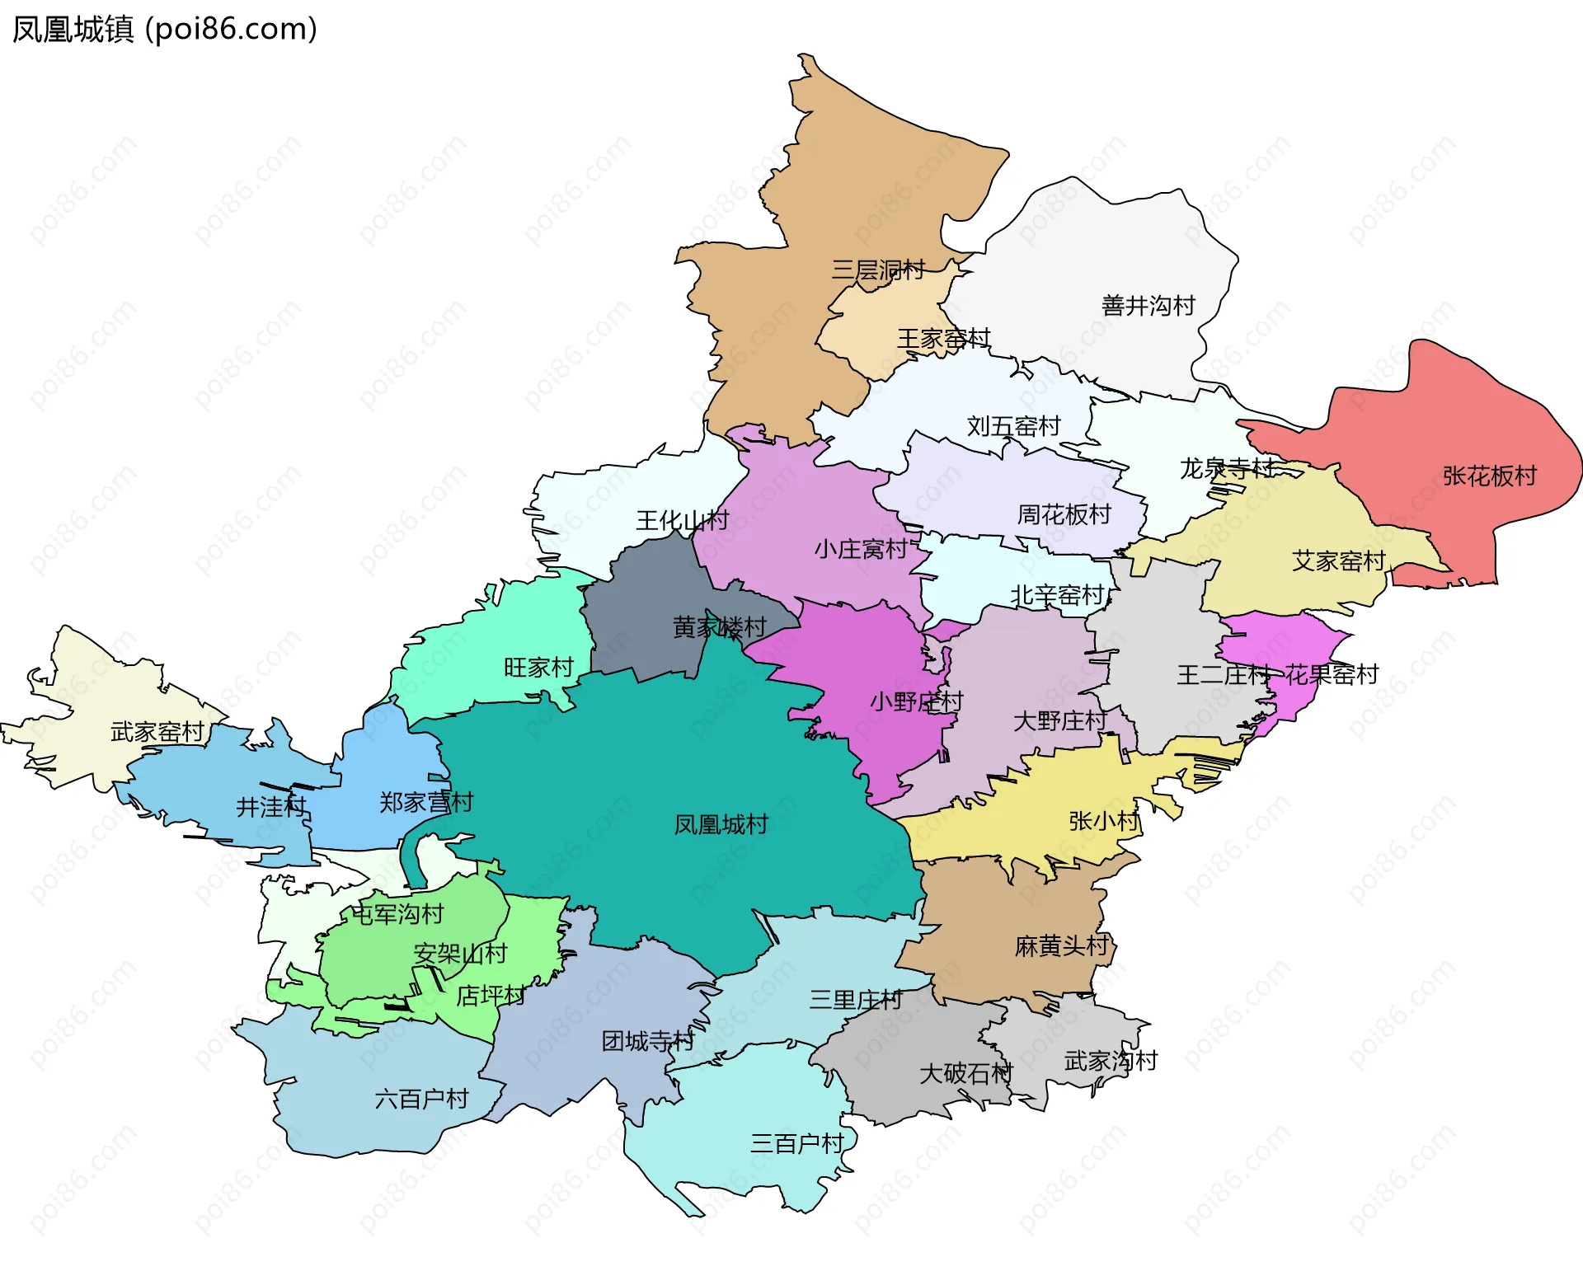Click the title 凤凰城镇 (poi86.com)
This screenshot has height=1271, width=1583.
(x=165, y=30)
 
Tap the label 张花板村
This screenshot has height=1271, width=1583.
(x=1489, y=476)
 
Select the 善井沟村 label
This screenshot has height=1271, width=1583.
(x=1148, y=306)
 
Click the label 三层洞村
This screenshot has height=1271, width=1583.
(x=877, y=270)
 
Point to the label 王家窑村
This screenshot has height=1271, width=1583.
(x=943, y=339)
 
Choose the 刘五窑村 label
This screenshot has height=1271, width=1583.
(x=1013, y=426)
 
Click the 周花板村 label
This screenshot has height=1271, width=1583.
(x=1064, y=514)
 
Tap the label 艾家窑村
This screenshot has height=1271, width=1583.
(x=1338, y=561)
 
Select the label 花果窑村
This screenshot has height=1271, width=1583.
(x=1332, y=675)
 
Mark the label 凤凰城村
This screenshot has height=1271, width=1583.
(x=721, y=824)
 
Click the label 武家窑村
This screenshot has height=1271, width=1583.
(x=157, y=732)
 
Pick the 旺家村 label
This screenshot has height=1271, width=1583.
(x=538, y=668)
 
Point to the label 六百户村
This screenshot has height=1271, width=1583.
(x=421, y=1099)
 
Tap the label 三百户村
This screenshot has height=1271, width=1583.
(x=796, y=1143)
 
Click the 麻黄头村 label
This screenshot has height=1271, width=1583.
(x=1061, y=945)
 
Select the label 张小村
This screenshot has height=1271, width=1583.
(x=1103, y=821)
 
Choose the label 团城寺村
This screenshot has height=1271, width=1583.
(x=647, y=1041)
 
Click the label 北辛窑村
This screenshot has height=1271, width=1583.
(x=1057, y=595)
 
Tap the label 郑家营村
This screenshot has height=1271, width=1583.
(x=425, y=802)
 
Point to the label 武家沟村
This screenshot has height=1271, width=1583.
(x=1111, y=1061)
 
